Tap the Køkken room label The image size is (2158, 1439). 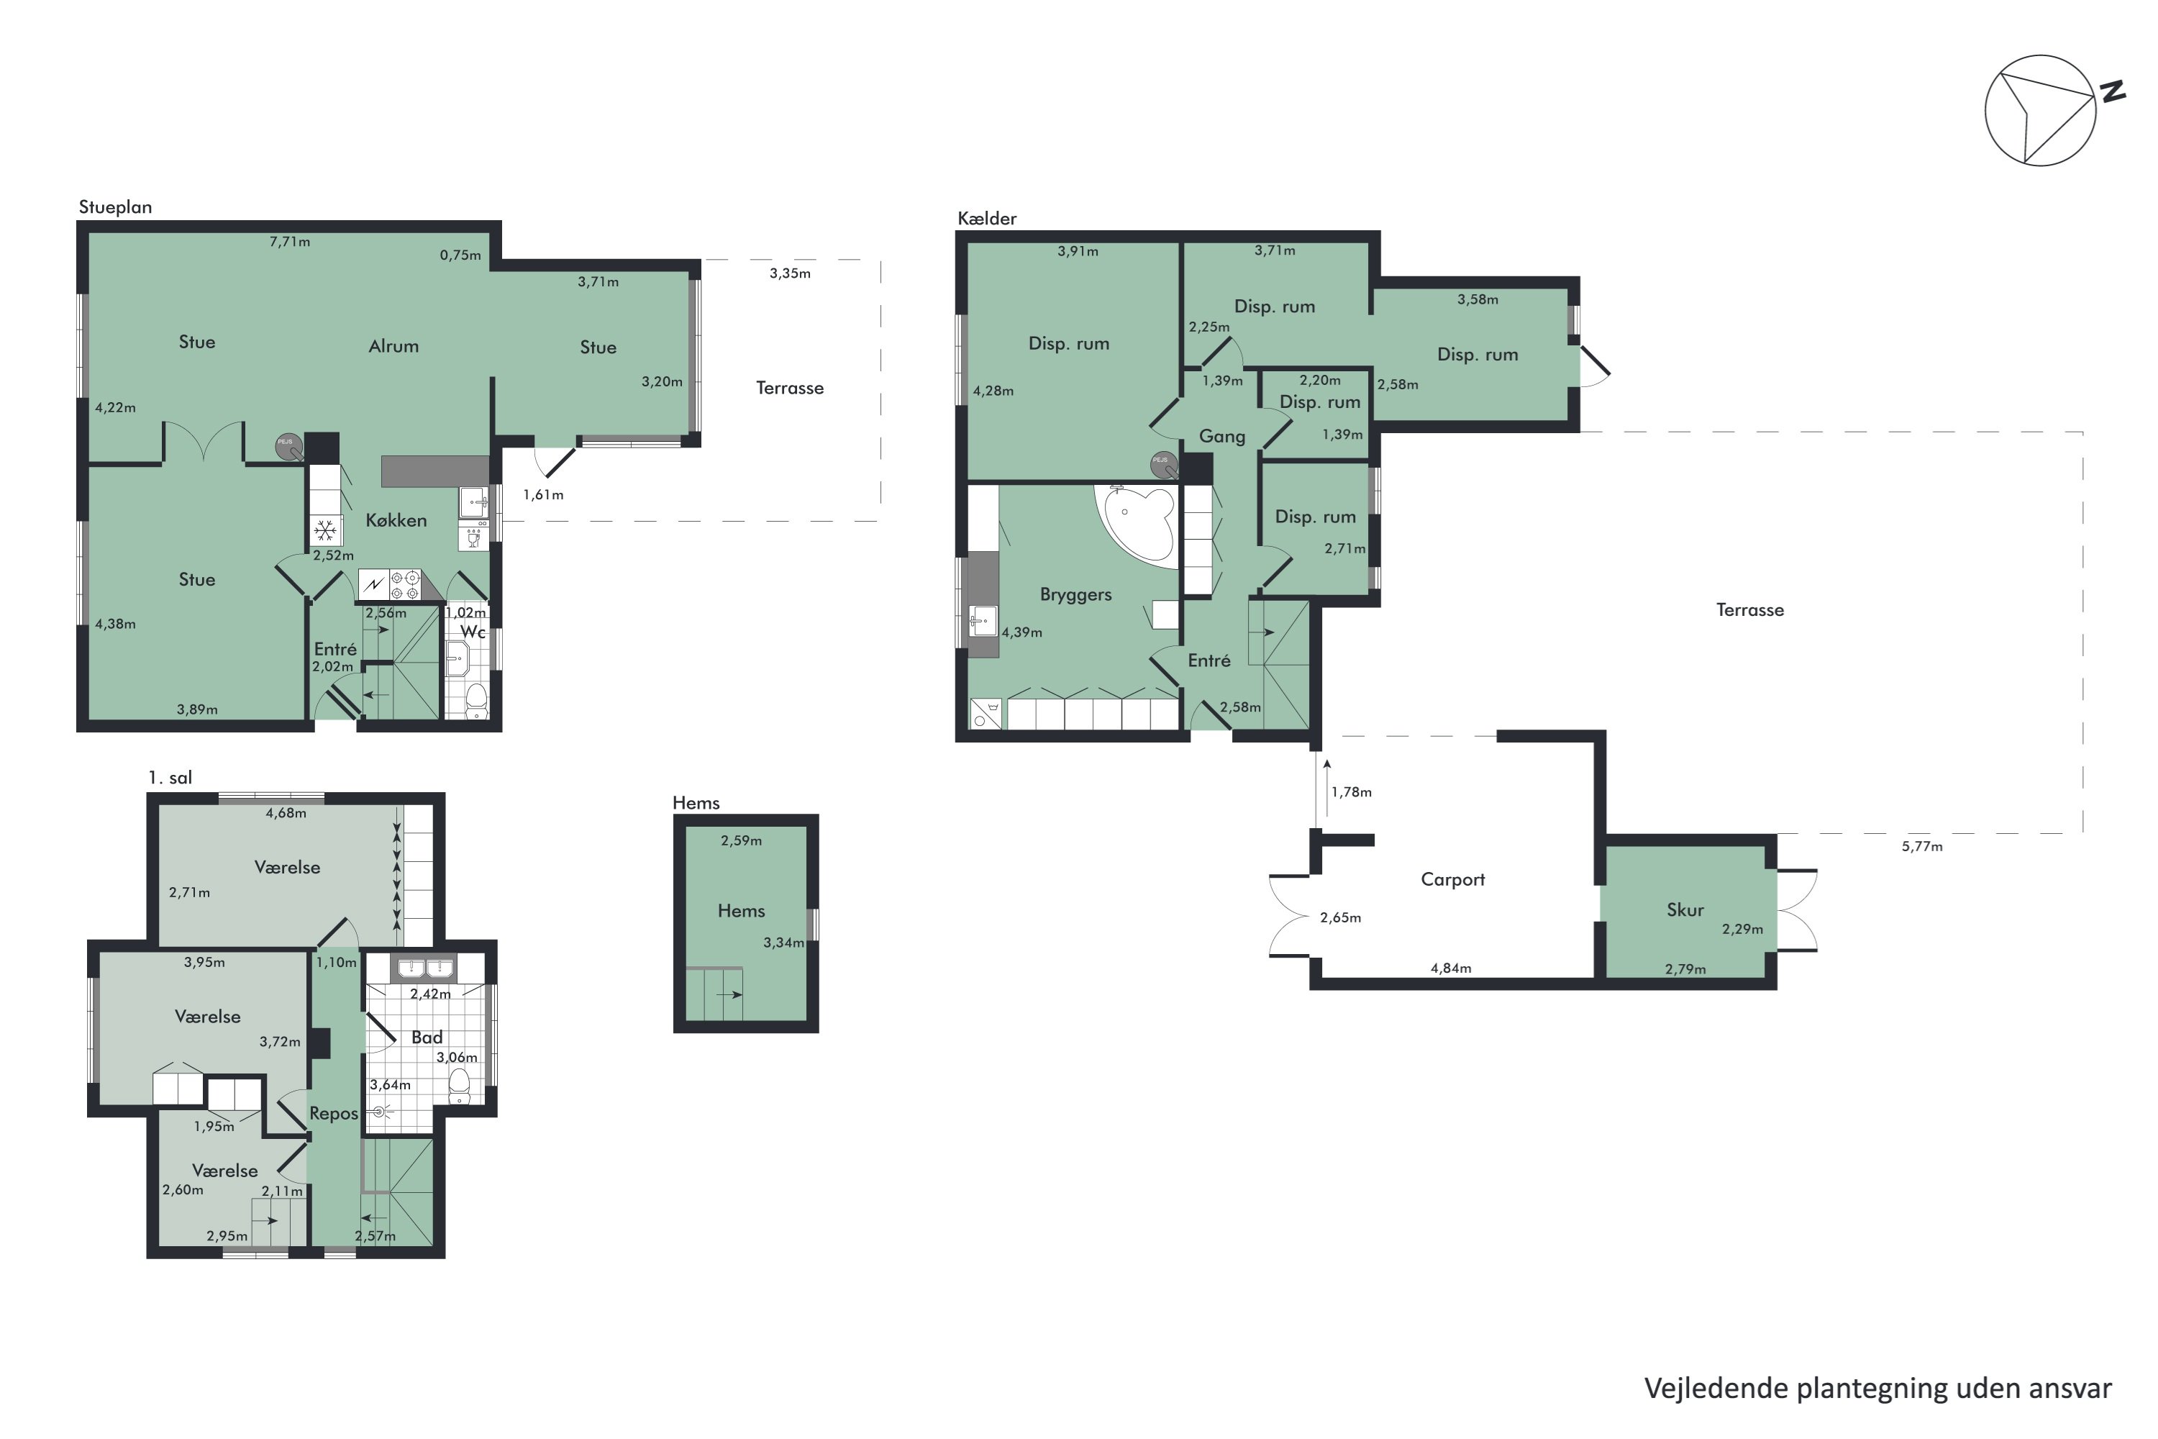[396, 520]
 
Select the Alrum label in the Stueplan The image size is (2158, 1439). [393, 346]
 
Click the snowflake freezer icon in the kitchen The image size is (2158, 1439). [325, 530]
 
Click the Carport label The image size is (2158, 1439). [1452, 879]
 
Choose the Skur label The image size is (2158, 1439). [1685, 909]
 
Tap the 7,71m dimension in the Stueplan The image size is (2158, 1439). [290, 242]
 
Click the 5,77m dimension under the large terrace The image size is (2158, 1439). [1922, 846]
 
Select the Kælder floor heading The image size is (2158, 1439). [987, 219]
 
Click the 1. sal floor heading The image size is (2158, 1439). [170, 777]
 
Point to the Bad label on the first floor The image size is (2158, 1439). [427, 1037]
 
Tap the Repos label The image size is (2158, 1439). [333, 1114]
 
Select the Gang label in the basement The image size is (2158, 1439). [1222, 437]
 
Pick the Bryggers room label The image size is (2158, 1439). [1075, 595]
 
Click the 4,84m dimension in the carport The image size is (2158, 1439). [1451, 968]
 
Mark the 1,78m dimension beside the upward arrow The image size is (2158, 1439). [1352, 792]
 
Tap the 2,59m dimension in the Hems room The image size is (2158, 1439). [742, 840]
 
